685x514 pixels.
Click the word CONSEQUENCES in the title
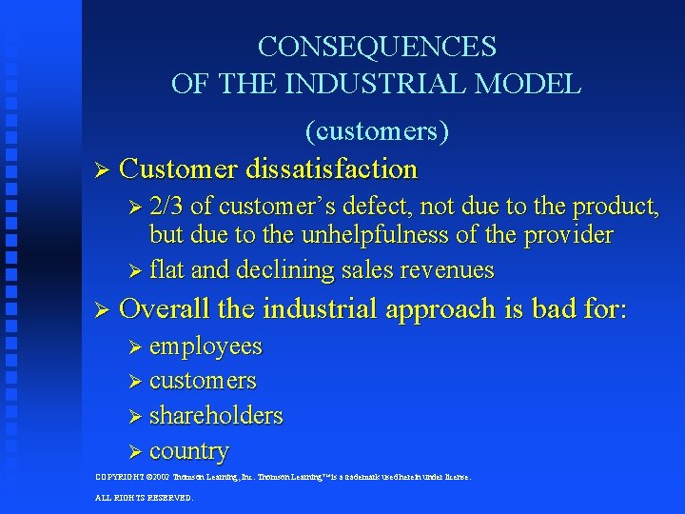(x=377, y=47)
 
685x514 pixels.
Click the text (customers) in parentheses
(x=377, y=130)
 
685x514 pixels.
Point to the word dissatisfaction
(x=331, y=169)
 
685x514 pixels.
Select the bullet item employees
(x=205, y=346)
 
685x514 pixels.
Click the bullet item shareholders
(x=216, y=416)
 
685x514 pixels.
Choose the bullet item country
(x=189, y=450)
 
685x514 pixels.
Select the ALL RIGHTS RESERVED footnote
(x=144, y=497)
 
